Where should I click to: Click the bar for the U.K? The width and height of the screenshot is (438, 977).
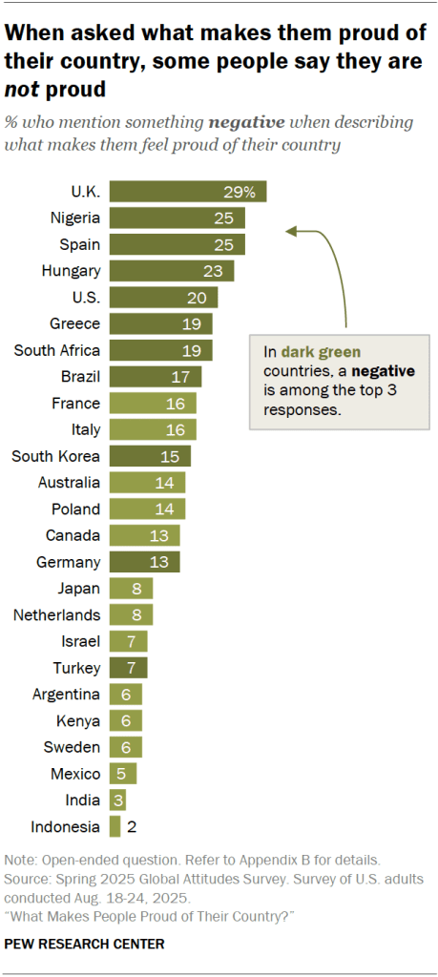coord(187,191)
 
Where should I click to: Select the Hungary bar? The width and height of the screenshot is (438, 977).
coord(172,271)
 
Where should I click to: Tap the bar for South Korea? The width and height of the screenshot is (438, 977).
coord(150,455)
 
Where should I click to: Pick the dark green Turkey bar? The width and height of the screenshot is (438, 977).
coord(128,667)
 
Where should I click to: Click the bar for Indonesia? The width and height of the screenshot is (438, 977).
coord(115,826)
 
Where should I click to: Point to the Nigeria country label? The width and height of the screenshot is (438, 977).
coord(75,218)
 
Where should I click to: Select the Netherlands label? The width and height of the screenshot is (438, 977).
coord(56,614)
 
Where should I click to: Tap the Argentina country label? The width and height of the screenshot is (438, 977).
coord(66,694)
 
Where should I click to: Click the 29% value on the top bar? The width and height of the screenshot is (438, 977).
coord(240,191)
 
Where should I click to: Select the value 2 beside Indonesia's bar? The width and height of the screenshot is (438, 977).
coord(131,826)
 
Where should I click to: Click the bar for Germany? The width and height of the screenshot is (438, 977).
coord(144,561)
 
